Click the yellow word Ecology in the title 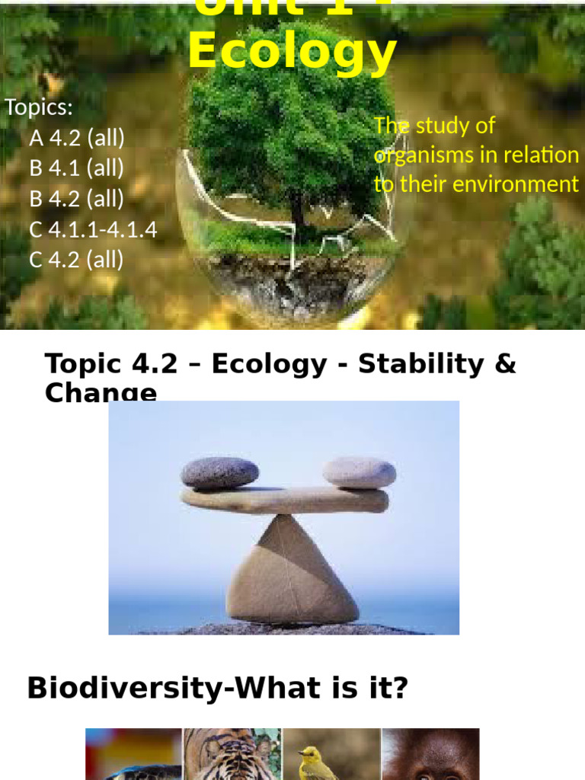[x=292, y=52]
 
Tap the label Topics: [x=39, y=107]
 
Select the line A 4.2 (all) [x=76, y=138]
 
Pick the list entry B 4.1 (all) [x=76, y=168]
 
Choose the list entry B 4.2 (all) [x=76, y=199]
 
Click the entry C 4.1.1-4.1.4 [x=93, y=229]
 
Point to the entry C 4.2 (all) [x=76, y=260]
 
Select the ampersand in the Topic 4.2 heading [x=504, y=364]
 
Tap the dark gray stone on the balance [x=219, y=473]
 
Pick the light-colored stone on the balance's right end [x=359, y=472]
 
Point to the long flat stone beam [x=284, y=500]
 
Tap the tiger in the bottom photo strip [x=232, y=754]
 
